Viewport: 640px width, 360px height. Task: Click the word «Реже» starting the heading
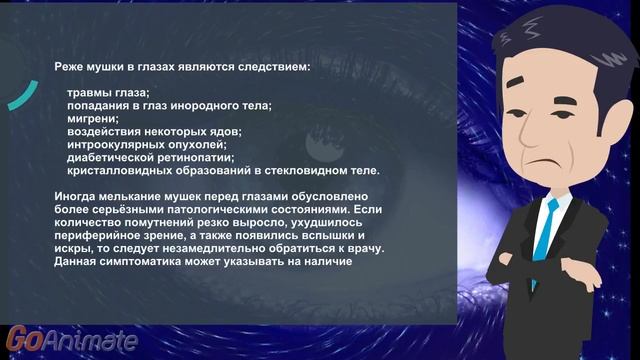pos(70,68)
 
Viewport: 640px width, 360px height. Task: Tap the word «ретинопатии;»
pos(198,157)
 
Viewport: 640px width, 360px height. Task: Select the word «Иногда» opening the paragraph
pos(76,196)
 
